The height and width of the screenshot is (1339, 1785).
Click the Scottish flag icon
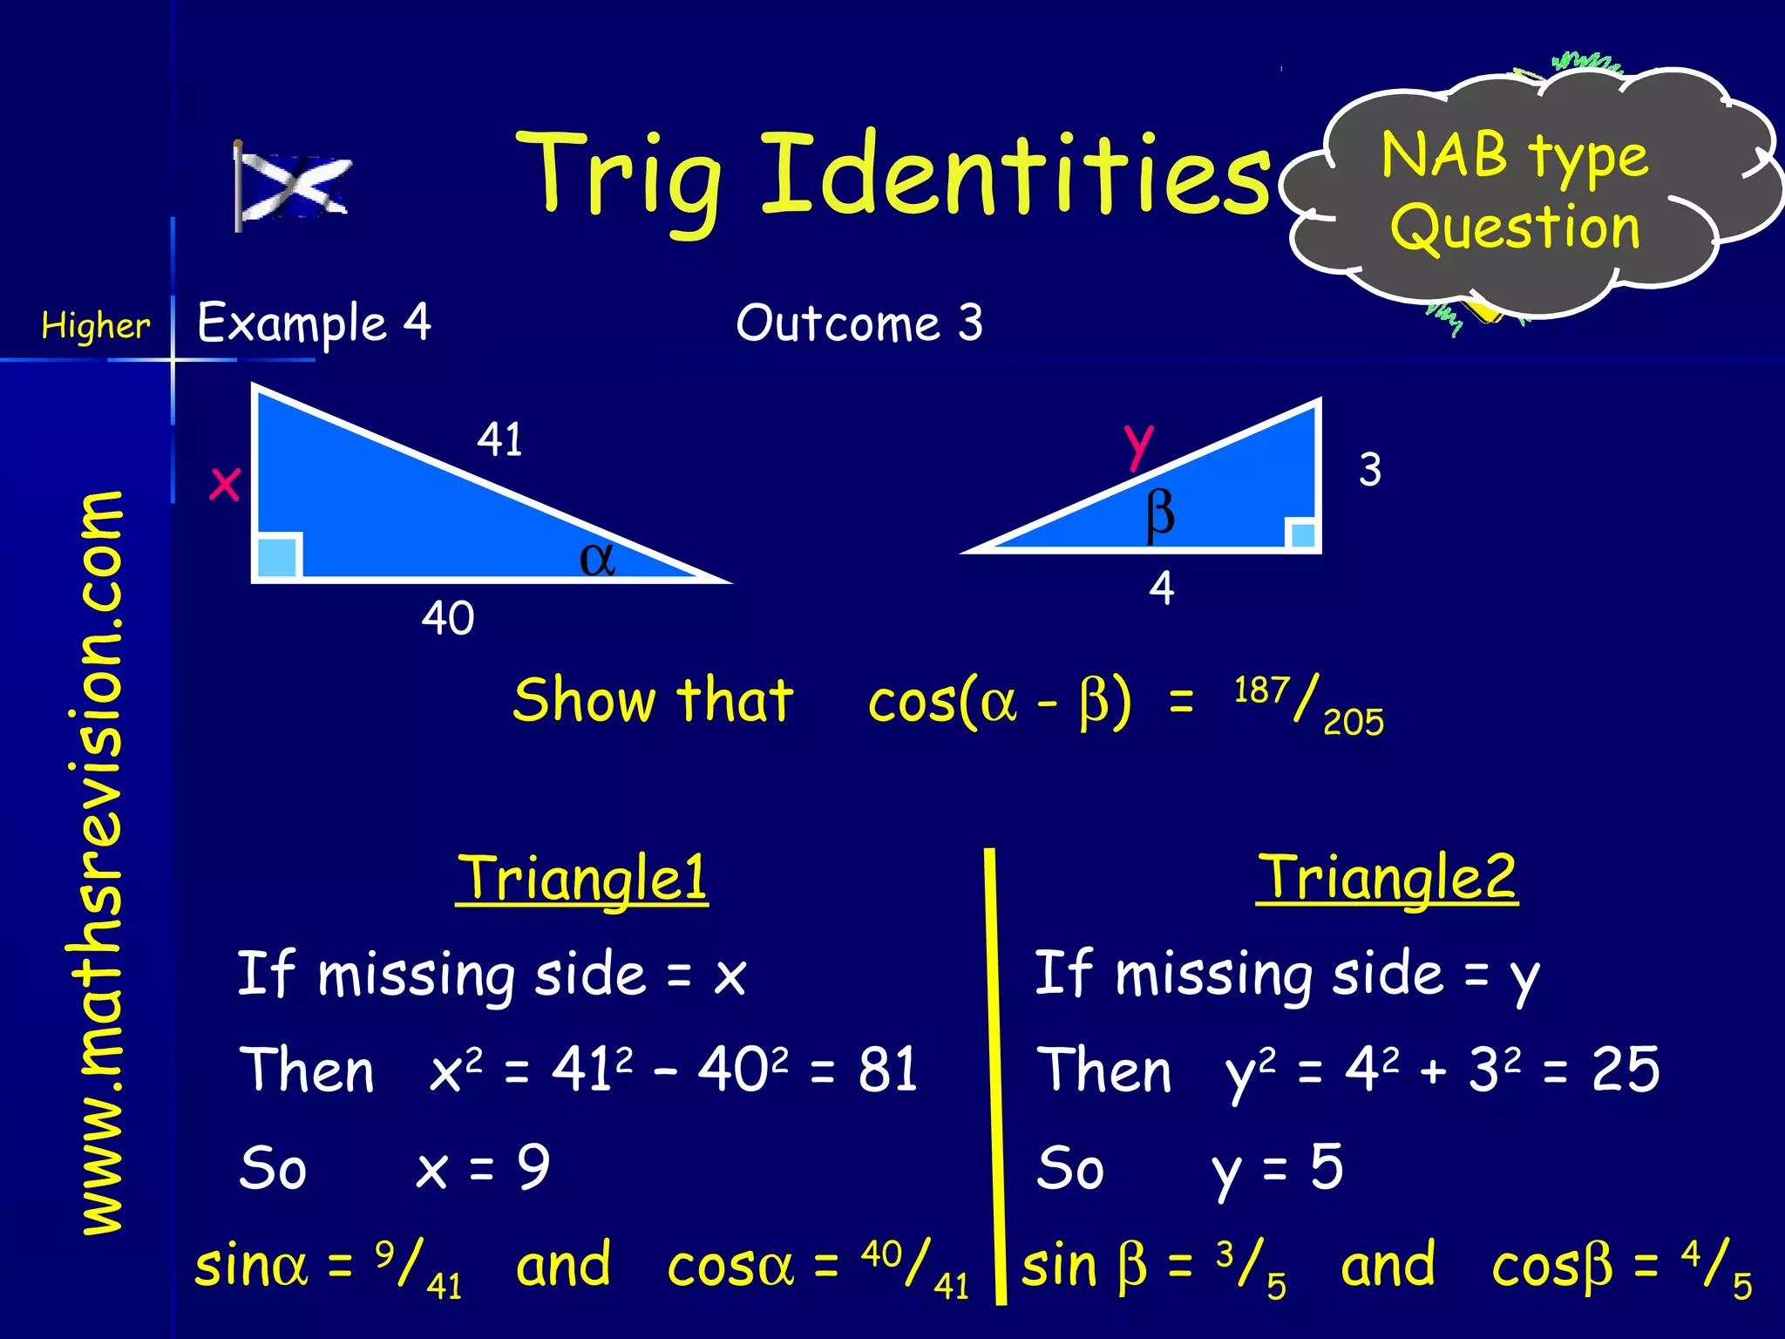pos(292,185)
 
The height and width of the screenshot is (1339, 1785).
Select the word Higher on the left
pos(95,326)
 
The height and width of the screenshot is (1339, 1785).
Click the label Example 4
pos(314,323)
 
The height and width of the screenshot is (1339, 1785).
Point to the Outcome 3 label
pos(859,323)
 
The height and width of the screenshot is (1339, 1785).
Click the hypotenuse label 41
pos(499,438)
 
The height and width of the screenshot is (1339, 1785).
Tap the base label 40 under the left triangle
pos(447,618)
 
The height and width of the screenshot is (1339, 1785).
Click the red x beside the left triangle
pos(225,483)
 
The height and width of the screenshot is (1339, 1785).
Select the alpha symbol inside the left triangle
pos(597,558)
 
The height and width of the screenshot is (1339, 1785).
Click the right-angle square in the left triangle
pos(278,557)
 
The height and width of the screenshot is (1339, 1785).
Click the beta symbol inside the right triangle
pos(1160,514)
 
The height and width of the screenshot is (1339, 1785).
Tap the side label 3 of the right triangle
pos(1369,469)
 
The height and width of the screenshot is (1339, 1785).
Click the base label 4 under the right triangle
pos(1161,588)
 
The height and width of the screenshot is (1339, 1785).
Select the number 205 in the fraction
pos(1353,723)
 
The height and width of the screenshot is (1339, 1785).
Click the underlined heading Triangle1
pos(581,878)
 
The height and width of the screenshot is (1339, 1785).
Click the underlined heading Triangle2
pos(1386,878)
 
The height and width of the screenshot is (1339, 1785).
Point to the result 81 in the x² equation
pos(887,1070)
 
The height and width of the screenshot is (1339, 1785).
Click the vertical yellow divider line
pos(994,1072)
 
